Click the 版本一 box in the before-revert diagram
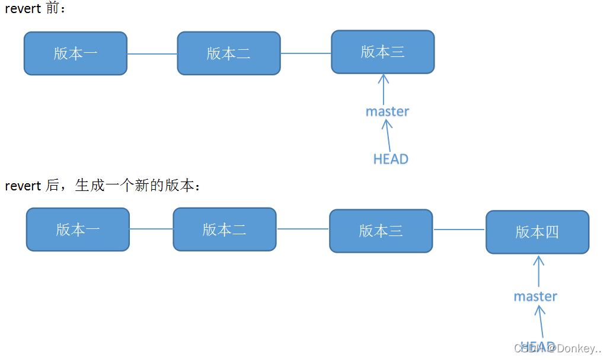click(x=75, y=53)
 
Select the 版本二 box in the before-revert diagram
click(x=229, y=53)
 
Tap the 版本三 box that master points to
click(x=383, y=52)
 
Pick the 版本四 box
click(x=537, y=232)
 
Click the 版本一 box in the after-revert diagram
click(x=78, y=230)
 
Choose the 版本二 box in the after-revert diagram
click(x=224, y=229)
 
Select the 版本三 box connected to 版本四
click(x=381, y=231)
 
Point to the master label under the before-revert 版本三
click(x=387, y=111)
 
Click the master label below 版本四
click(x=535, y=296)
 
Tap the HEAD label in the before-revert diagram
click(x=391, y=159)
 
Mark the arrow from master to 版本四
click(x=538, y=271)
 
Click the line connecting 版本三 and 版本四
click(x=459, y=230)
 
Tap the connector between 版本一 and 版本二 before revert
click(x=152, y=54)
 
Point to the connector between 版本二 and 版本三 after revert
click(x=302, y=229)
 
